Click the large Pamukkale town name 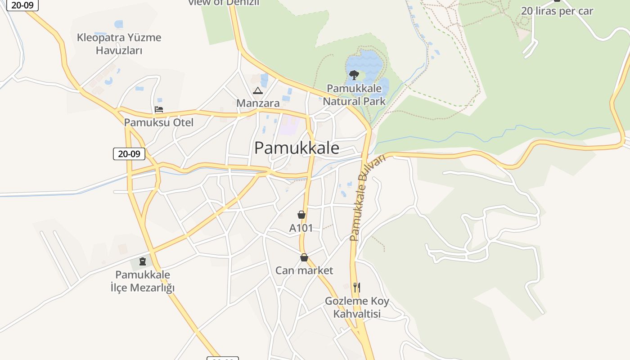pyautogui.click(x=297, y=148)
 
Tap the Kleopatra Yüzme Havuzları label pyautogui.click(x=119, y=44)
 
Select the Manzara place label pyautogui.click(x=258, y=103)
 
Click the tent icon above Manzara pyautogui.click(x=257, y=91)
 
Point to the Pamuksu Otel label pyautogui.click(x=158, y=122)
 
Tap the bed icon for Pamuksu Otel pyautogui.click(x=158, y=109)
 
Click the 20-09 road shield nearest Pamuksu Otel pyautogui.click(x=129, y=154)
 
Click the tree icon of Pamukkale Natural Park pyautogui.click(x=354, y=75)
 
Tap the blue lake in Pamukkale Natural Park pyautogui.click(x=369, y=63)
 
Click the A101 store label pyautogui.click(x=301, y=228)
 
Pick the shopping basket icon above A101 pyautogui.click(x=301, y=215)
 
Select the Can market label pyautogui.click(x=304, y=270)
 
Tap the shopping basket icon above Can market pyautogui.click(x=304, y=257)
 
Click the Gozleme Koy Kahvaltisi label pyautogui.click(x=357, y=307)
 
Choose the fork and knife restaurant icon pyautogui.click(x=356, y=287)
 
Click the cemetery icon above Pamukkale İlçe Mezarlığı pyautogui.click(x=143, y=261)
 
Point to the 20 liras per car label pyautogui.click(x=557, y=11)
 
